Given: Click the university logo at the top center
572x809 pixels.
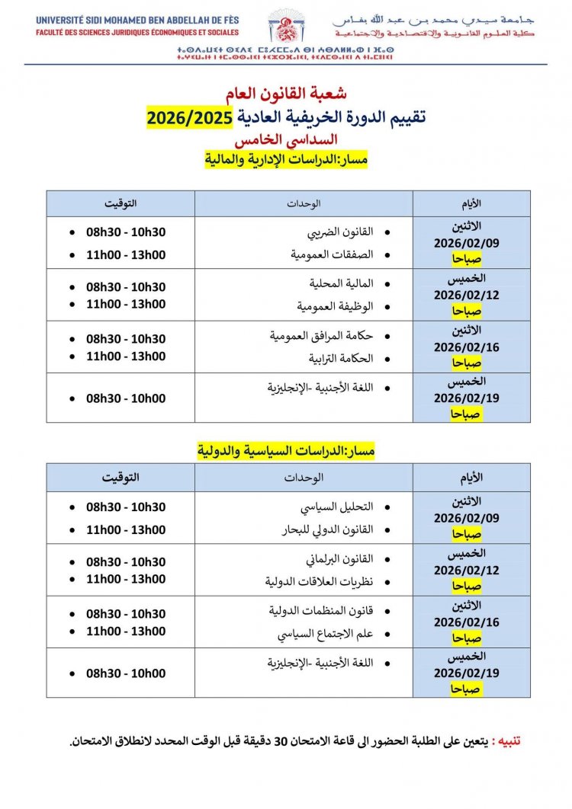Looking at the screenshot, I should tap(286, 27).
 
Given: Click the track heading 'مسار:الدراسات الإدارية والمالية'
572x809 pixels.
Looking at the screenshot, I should tap(286, 160).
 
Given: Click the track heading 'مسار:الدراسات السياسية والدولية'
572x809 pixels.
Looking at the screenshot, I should tap(286, 451).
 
